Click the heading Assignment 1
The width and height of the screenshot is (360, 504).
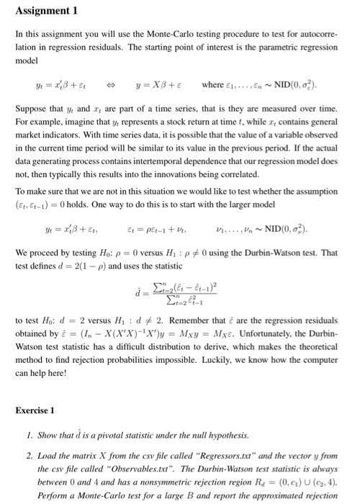tap(45, 12)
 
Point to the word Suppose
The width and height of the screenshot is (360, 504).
tap(31, 107)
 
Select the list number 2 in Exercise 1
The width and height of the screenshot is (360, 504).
tap(30, 454)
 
